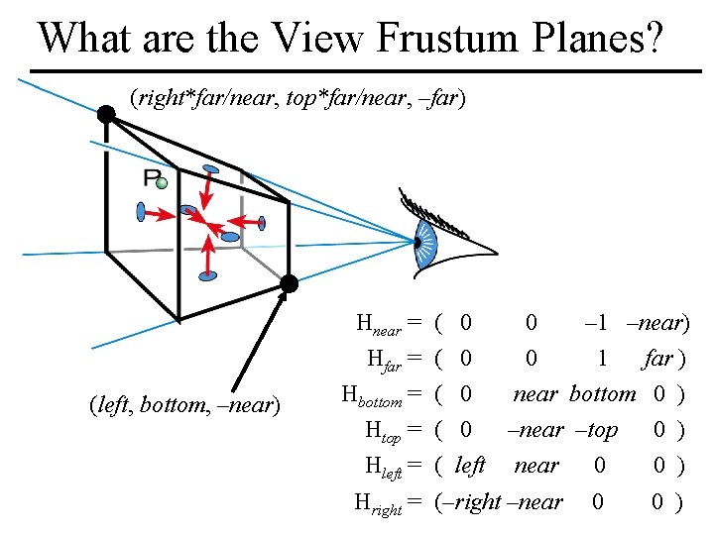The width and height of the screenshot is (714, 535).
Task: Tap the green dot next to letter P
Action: coord(162,183)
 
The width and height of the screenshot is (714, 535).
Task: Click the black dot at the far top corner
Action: coord(105,115)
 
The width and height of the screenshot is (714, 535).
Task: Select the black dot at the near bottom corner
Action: coord(289,284)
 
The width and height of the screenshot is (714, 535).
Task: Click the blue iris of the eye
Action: coord(426,241)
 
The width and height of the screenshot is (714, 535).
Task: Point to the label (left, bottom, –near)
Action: coord(184,405)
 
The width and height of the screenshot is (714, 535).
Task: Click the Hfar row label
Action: coord(384,360)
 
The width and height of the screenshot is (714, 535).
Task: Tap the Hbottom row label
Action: coord(371,395)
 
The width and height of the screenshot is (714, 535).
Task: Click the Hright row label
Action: coord(378,503)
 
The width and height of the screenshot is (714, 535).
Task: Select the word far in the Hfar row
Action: coord(657,359)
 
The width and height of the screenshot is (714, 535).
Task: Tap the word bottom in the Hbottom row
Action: coord(602,394)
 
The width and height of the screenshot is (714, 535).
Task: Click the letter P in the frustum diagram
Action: coord(152,178)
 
